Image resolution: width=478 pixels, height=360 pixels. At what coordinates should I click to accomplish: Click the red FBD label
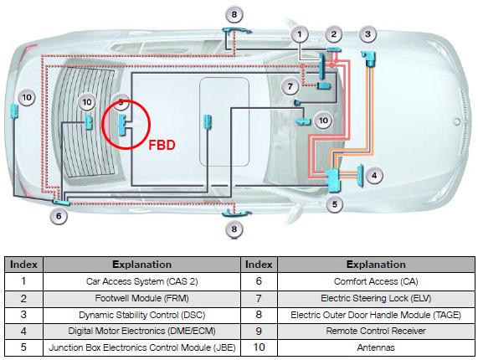[162, 145]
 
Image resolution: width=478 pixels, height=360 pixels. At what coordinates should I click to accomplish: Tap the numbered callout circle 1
[300, 34]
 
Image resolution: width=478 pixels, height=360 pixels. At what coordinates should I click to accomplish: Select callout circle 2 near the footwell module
[334, 34]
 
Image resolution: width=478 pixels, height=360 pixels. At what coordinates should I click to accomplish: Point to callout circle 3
[368, 34]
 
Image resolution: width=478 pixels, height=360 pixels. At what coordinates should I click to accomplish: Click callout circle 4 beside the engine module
[374, 176]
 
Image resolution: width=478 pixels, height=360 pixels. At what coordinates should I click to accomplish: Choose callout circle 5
[335, 204]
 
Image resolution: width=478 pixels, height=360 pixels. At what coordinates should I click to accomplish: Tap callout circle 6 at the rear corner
[59, 216]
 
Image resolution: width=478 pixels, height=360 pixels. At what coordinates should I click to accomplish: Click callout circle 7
[290, 86]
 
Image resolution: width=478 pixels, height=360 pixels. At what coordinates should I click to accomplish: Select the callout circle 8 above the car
[234, 14]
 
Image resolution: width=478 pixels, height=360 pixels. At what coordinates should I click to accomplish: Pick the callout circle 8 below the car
[234, 229]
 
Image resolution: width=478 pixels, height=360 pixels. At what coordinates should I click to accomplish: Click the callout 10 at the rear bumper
[27, 98]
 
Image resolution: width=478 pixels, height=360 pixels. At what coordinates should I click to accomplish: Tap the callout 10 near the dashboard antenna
[323, 121]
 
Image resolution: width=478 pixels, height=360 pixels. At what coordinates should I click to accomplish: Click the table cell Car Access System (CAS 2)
[141, 281]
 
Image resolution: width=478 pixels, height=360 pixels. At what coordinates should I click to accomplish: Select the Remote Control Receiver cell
[376, 331]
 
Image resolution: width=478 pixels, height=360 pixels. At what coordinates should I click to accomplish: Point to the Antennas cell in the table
[376, 347]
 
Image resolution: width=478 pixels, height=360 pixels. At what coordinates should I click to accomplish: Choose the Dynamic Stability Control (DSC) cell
[141, 315]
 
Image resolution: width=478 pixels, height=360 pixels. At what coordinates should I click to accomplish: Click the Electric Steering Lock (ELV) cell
[376, 298]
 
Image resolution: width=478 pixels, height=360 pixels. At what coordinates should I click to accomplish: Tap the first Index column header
[23, 265]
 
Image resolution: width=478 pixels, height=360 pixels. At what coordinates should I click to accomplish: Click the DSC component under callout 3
[369, 59]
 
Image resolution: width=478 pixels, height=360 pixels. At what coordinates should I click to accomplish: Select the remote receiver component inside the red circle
[122, 125]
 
